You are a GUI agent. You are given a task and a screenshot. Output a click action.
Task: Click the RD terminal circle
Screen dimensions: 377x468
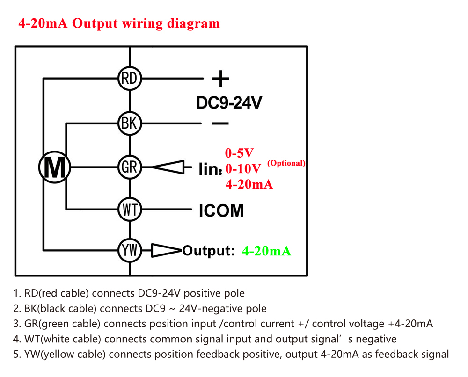pos(129,79)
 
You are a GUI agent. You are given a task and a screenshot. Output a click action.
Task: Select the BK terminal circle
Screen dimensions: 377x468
pos(129,123)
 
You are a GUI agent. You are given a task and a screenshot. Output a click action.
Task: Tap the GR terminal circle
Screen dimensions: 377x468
pos(129,167)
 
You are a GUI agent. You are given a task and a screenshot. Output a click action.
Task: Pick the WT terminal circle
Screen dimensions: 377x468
pos(129,210)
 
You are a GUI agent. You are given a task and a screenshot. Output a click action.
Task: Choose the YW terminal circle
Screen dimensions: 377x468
pos(129,251)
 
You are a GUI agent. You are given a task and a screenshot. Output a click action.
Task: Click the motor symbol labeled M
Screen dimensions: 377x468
pos(55,167)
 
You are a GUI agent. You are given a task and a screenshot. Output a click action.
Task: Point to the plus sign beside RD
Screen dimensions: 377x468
pos(220,79)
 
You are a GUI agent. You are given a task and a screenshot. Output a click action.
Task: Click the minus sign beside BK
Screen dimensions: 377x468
pos(220,123)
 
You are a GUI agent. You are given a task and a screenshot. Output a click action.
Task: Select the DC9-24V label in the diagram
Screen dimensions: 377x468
pos(229,103)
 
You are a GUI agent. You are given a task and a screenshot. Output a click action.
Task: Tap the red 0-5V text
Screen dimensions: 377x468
pos(239,153)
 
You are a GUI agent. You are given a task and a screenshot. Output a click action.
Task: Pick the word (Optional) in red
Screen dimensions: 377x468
pos(286,163)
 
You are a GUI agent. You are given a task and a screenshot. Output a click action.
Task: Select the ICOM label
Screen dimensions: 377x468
pos(221,210)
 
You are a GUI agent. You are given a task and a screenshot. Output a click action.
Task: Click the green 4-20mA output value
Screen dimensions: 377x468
pos(266,251)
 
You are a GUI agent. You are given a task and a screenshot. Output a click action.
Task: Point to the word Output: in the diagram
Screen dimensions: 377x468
pos(208,251)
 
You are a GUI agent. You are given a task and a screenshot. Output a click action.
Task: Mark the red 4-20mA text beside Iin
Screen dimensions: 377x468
pos(249,184)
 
